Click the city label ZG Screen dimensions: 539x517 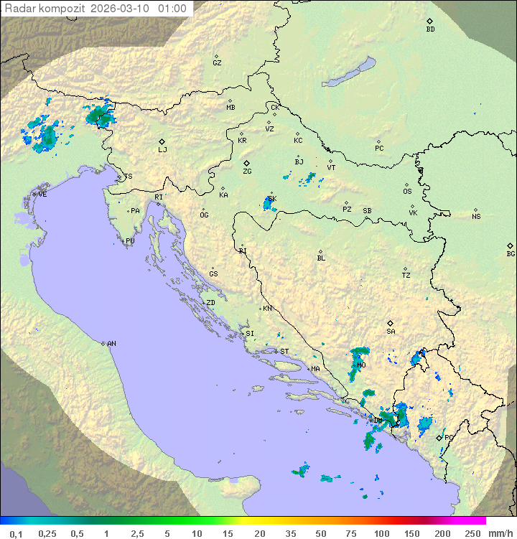click(x=247, y=172)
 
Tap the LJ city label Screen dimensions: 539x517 click(x=162, y=150)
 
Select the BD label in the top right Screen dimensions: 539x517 click(x=430, y=29)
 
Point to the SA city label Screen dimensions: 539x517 click(x=391, y=331)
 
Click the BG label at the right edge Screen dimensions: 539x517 click(x=511, y=253)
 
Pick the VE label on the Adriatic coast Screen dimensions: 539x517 click(x=42, y=194)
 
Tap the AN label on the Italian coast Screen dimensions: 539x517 click(x=111, y=344)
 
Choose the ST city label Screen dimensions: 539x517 click(x=284, y=352)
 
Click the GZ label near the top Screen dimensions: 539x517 click(x=217, y=62)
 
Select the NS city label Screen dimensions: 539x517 click(x=476, y=217)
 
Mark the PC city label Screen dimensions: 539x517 click(x=379, y=149)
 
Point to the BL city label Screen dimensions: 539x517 click(x=321, y=258)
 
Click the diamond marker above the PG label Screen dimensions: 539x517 click(x=439, y=436)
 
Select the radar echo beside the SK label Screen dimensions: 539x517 click(x=269, y=205)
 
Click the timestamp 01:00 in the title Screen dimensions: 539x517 click(x=172, y=9)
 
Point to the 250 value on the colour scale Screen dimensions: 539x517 click(x=472, y=533)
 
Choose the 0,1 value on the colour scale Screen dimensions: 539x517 click(x=16, y=533)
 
